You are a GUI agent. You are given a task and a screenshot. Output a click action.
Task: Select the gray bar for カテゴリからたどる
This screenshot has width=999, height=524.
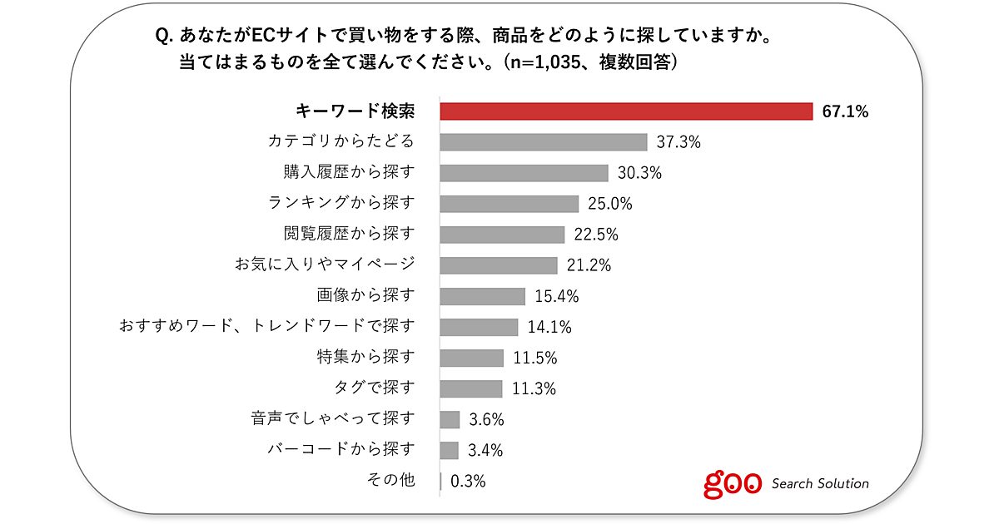pyautogui.click(x=543, y=142)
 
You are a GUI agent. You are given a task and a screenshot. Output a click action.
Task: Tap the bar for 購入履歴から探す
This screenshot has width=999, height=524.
pyautogui.click(x=524, y=173)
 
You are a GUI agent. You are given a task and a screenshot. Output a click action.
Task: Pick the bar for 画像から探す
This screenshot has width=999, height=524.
pyautogui.click(x=482, y=296)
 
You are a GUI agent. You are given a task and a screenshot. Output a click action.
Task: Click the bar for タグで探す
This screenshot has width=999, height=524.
pyautogui.click(x=470, y=388)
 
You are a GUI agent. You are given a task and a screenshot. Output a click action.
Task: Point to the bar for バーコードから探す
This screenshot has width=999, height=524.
pyautogui.click(x=449, y=450)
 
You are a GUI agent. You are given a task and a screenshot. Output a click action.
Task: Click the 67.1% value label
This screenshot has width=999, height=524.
pyautogui.click(x=845, y=111)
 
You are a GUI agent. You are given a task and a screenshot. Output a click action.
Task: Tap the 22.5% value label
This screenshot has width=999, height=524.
pyautogui.click(x=596, y=235)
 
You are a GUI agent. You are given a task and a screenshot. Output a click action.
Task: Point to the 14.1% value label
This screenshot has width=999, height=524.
pyautogui.click(x=549, y=327)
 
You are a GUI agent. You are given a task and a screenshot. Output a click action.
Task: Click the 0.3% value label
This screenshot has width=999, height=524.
pyautogui.click(x=468, y=481)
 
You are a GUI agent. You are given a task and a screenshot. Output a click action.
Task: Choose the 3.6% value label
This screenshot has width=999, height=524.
pyautogui.click(x=486, y=419)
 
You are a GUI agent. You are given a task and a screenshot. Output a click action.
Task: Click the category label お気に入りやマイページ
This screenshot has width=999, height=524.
pyautogui.click(x=325, y=265)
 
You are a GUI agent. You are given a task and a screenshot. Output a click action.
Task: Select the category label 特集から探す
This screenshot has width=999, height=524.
pyautogui.click(x=365, y=358)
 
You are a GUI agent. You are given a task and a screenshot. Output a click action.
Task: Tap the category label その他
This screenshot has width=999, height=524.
pyautogui.click(x=390, y=480)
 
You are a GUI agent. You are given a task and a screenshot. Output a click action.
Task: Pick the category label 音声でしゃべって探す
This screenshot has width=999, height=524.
pyautogui.click(x=333, y=418)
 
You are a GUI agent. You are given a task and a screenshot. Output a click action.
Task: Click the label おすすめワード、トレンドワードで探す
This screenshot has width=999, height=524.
pyautogui.click(x=267, y=326)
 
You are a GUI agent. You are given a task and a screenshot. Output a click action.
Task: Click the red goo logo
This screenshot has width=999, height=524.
pyautogui.click(x=733, y=483)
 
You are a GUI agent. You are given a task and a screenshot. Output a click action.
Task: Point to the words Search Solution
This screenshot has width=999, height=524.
pyautogui.click(x=820, y=483)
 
